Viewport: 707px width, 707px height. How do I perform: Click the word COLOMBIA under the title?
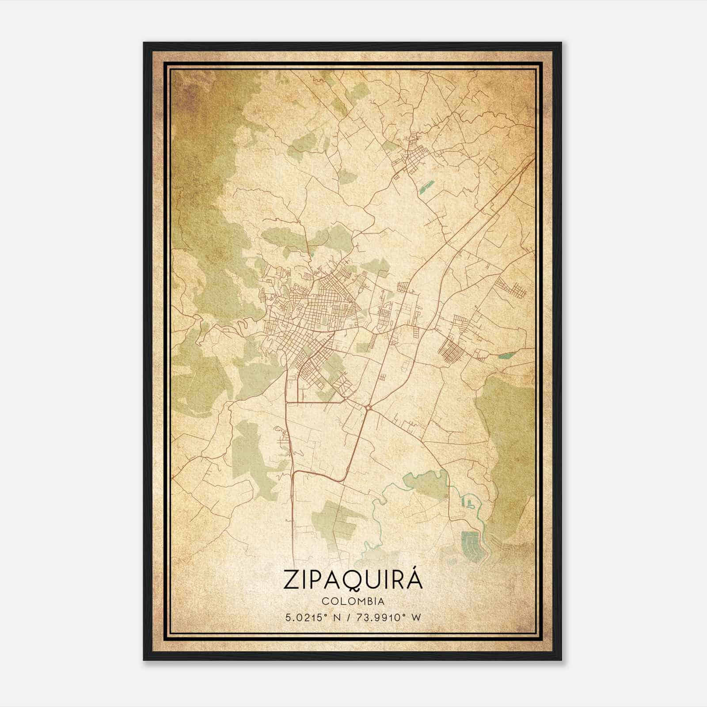[x=353, y=601]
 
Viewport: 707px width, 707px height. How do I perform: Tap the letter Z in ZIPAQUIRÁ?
[x=292, y=580]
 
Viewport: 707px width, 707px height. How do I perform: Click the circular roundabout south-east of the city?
[x=368, y=407]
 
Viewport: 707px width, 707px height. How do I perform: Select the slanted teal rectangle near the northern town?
[x=426, y=187]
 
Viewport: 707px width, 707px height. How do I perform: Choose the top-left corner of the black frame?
[x=144, y=43]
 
